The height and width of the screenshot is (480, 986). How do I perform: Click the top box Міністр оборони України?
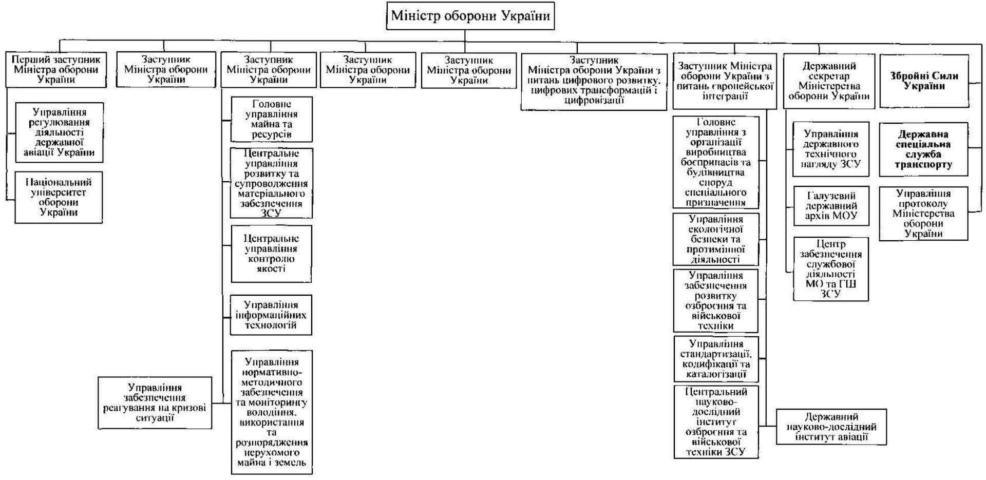click(x=470, y=16)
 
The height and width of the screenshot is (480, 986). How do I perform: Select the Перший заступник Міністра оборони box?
click(x=56, y=70)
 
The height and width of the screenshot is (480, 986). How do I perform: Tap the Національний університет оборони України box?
click(x=59, y=198)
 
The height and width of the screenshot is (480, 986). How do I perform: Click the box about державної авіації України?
click(x=59, y=132)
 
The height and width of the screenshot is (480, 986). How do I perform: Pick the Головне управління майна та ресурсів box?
click(x=271, y=119)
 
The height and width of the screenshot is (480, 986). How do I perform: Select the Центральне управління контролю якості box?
click(x=271, y=254)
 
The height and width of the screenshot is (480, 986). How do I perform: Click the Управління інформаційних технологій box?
click(x=271, y=315)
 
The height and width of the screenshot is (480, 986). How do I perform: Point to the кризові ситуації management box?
click(x=155, y=403)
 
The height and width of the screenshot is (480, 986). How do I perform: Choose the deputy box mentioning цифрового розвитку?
click(x=594, y=81)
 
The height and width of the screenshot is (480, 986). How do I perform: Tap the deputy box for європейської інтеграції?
click(x=725, y=81)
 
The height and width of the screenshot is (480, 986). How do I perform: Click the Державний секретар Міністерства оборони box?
click(x=829, y=81)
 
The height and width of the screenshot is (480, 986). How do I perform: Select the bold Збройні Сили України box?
click(x=924, y=81)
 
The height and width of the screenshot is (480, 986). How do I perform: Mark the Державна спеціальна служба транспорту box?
click(x=923, y=149)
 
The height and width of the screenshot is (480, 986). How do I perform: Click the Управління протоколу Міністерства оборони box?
click(x=923, y=214)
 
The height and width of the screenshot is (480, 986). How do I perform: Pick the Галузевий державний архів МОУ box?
click(x=831, y=206)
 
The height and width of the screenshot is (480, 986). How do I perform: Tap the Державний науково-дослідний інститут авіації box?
click(x=831, y=427)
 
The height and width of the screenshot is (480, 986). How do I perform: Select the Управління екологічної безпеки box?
click(x=715, y=239)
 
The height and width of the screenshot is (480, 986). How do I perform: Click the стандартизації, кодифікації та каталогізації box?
click(x=715, y=359)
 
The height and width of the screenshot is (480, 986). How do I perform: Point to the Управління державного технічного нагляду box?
click(x=830, y=149)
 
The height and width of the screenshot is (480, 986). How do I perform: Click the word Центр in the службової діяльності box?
click(x=830, y=244)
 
